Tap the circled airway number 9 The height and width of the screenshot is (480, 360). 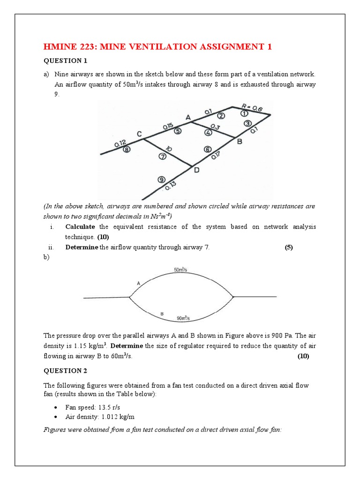(x=161, y=179)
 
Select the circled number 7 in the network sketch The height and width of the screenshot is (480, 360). (x=162, y=157)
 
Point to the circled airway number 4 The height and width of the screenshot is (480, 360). (x=208, y=132)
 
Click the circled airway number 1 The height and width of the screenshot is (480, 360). (x=244, y=113)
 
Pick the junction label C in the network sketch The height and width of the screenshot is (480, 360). (x=139, y=134)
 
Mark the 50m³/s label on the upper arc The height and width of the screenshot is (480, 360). (x=180, y=270)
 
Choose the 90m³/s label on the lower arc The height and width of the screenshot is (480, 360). (x=183, y=318)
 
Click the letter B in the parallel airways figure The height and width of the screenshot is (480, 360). (x=162, y=313)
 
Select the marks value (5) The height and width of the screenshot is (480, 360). (x=289, y=248)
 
